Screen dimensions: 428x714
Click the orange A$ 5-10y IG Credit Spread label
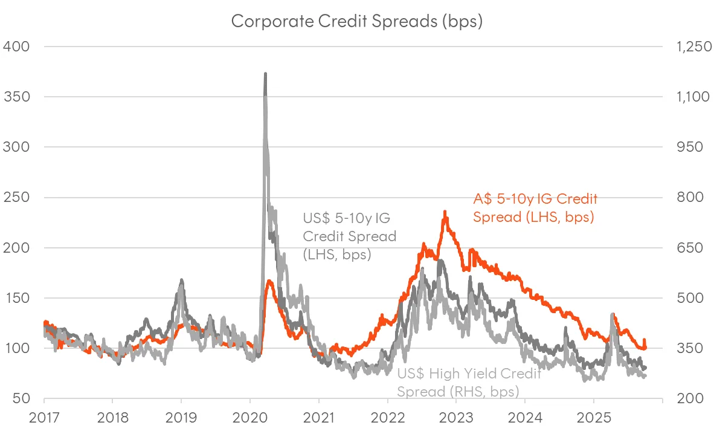(535, 208)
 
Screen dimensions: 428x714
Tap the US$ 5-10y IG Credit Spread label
(349, 236)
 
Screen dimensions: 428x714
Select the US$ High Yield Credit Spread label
(469, 382)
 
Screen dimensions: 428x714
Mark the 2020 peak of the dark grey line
(265, 74)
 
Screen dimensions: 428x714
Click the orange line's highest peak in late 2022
(445, 212)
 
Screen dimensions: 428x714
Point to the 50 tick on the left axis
(19, 399)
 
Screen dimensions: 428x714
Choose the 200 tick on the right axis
(684, 399)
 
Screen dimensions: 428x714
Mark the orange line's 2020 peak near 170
(269, 280)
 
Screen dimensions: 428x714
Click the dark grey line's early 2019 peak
(181, 280)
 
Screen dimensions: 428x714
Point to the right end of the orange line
(646, 347)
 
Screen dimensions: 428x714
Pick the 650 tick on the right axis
(684, 248)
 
